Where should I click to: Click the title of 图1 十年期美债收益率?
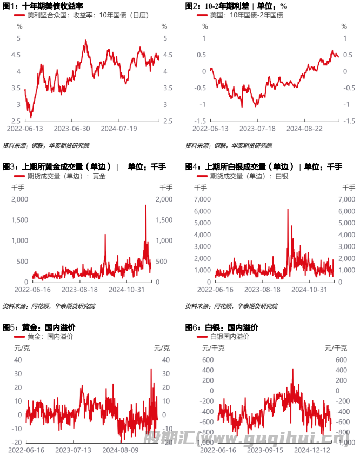coord(43,6)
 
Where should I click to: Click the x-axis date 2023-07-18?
coord(257,129)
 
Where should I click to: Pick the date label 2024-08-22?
coord(304,129)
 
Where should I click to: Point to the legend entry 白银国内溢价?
coord(230,337)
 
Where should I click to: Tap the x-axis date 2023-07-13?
coord(73,450)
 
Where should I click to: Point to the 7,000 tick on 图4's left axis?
coord(202,199)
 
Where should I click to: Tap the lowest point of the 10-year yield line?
coord(30,117)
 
